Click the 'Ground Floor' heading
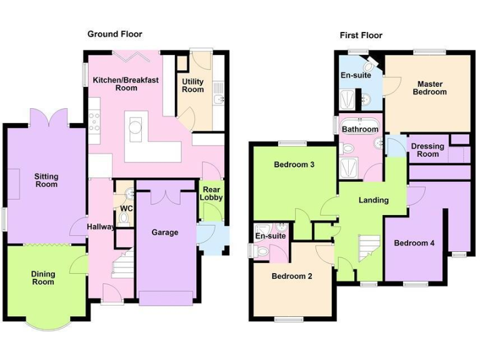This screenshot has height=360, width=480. click(x=114, y=34)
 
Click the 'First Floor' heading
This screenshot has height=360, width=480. click(x=361, y=35)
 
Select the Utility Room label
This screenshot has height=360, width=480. click(x=192, y=86)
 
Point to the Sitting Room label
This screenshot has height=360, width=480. click(x=46, y=180)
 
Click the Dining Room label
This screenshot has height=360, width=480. click(x=43, y=277)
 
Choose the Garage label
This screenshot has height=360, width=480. click(x=165, y=232)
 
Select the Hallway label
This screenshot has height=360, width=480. click(x=100, y=227)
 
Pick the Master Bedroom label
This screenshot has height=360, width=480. click(x=431, y=87)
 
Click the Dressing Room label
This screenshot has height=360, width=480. click(x=428, y=150)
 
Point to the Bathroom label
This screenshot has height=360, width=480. click(x=359, y=129)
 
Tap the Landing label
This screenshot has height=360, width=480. click(x=373, y=200)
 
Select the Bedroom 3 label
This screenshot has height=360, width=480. click(x=294, y=165)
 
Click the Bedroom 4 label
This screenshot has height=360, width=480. click(x=414, y=243)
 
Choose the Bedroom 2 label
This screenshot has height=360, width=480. click(x=292, y=276)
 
